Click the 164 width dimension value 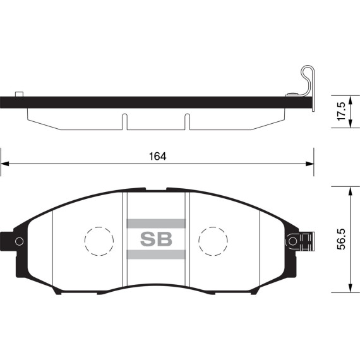(157, 156)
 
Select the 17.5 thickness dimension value (342, 111)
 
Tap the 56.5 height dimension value (342, 239)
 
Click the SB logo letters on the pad (156, 239)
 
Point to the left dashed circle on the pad (99, 241)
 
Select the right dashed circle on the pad (213, 241)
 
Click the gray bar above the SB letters (156, 224)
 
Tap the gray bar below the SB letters (156, 254)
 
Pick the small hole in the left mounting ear (19, 241)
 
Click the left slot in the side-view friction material (124, 122)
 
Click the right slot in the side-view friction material (186, 122)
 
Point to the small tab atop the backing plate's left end (19, 94)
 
